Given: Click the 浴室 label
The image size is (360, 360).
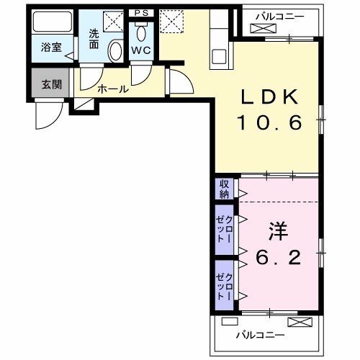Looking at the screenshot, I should pyautogui.click(x=50, y=48).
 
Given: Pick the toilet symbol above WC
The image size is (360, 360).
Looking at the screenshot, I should pyautogui.click(x=140, y=32).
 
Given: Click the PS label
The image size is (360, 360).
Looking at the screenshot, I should pyautogui.click(x=140, y=12).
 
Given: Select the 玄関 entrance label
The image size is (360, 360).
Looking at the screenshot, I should pyautogui.click(x=51, y=84).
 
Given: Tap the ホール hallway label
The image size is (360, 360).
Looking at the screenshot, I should pyautogui.click(x=113, y=89).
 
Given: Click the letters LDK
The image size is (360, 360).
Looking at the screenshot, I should pyautogui.click(x=269, y=97).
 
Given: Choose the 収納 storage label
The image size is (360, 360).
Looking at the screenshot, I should pyautogui.click(x=225, y=188).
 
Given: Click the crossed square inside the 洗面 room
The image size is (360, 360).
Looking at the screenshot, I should pyautogui.click(x=112, y=21).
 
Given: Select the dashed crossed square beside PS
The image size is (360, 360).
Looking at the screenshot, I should pyautogui.click(x=171, y=20).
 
